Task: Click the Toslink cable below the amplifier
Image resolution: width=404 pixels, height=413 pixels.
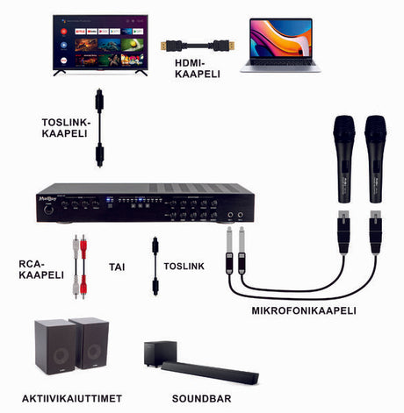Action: (x=155, y=264)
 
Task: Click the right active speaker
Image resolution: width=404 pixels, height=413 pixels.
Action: (x=89, y=344)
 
